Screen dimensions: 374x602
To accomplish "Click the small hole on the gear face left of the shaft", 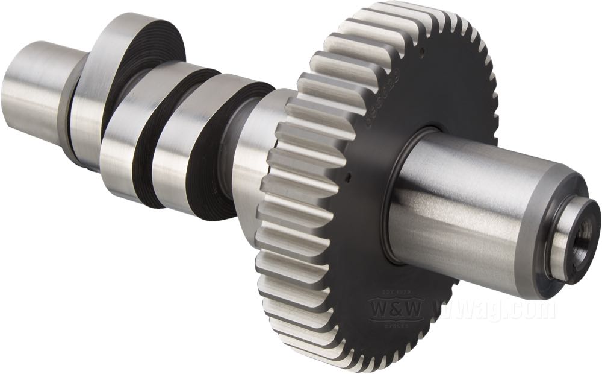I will [x=349, y=177].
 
